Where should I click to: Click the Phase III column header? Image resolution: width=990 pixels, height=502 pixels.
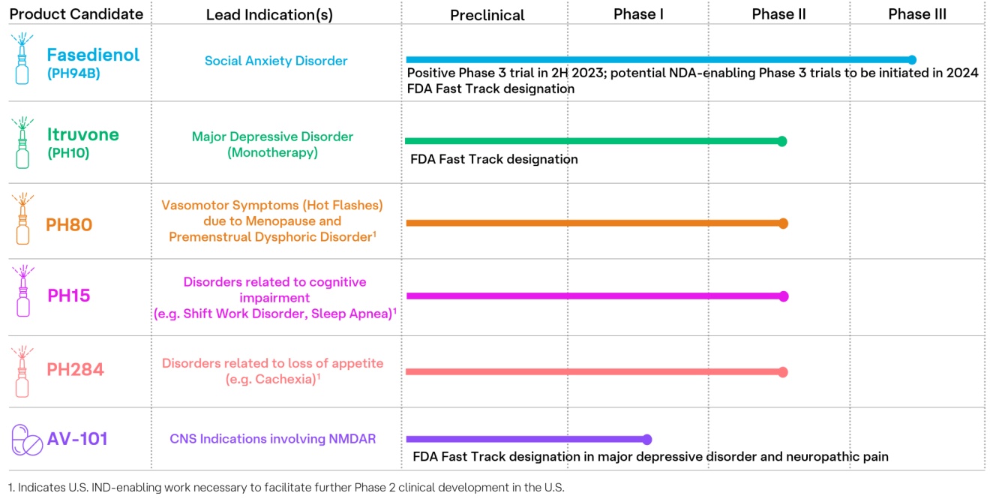pyautogui.click(x=917, y=14)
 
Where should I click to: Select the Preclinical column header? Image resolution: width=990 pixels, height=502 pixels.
pyautogui.click(x=487, y=15)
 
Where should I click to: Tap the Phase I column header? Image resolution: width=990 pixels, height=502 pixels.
pyautogui.click(x=638, y=14)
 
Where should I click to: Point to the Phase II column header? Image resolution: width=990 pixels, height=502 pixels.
pyautogui.click(x=778, y=14)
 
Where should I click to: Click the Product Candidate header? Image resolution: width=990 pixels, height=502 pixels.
pyautogui.click(x=76, y=14)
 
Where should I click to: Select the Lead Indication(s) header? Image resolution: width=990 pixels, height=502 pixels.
pyautogui.click(x=269, y=15)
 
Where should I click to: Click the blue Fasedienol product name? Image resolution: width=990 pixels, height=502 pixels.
pyautogui.click(x=93, y=55)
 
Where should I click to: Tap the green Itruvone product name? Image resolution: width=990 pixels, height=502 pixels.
pyautogui.click(x=82, y=135)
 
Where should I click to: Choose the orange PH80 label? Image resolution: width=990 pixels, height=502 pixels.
pyautogui.click(x=69, y=224)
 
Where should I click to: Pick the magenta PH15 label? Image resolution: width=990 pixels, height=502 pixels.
pyautogui.click(x=68, y=296)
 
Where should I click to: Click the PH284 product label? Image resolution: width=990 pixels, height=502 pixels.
pyautogui.click(x=75, y=369)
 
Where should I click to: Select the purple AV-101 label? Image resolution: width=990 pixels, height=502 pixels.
pyautogui.click(x=77, y=439)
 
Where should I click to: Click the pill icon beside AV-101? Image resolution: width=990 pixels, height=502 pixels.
pyautogui.click(x=27, y=440)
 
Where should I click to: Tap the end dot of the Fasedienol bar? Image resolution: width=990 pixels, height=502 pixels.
pyautogui.click(x=912, y=60)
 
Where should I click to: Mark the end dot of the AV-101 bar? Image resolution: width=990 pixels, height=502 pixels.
pyautogui.click(x=647, y=440)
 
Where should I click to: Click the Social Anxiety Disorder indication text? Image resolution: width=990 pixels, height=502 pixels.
pyautogui.click(x=276, y=61)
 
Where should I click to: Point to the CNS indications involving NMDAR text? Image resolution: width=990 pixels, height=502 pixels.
pyautogui.click(x=272, y=439)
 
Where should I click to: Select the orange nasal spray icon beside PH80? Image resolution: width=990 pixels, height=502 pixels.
pyautogui.click(x=22, y=218)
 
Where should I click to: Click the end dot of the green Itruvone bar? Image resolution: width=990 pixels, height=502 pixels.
pyautogui.click(x=782, y=141)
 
